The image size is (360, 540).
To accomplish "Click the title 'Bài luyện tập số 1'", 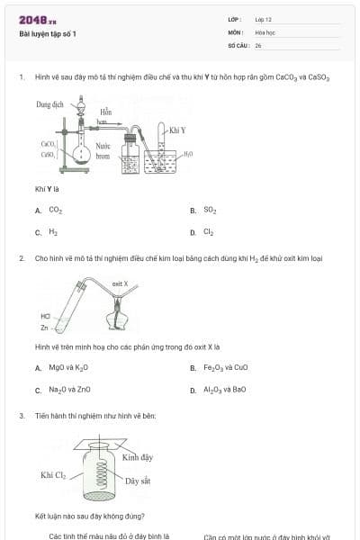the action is (48, 34).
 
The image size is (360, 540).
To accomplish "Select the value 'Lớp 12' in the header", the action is (263, 19).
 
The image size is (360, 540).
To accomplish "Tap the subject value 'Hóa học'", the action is (264, 31).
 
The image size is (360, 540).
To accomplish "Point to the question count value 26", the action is (258, 45).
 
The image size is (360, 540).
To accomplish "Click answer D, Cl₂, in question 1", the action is (209, 231).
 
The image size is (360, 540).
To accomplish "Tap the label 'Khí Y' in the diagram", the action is (177, 130).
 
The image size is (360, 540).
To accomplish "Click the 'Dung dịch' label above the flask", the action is (50, 105).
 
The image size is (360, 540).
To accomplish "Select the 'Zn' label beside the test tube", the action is (45, 326).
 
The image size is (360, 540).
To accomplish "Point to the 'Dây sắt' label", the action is (138, 481).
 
